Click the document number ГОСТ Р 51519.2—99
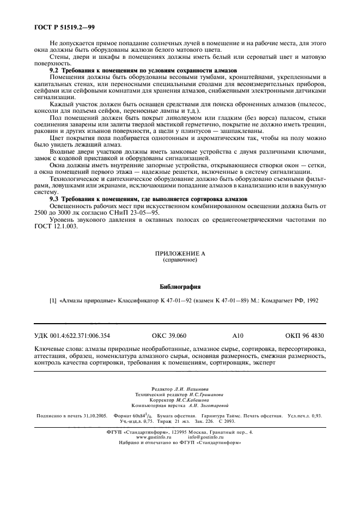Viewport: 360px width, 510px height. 62,27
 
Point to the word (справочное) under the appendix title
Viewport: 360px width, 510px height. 179,260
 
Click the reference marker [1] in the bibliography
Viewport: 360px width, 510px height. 53,300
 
